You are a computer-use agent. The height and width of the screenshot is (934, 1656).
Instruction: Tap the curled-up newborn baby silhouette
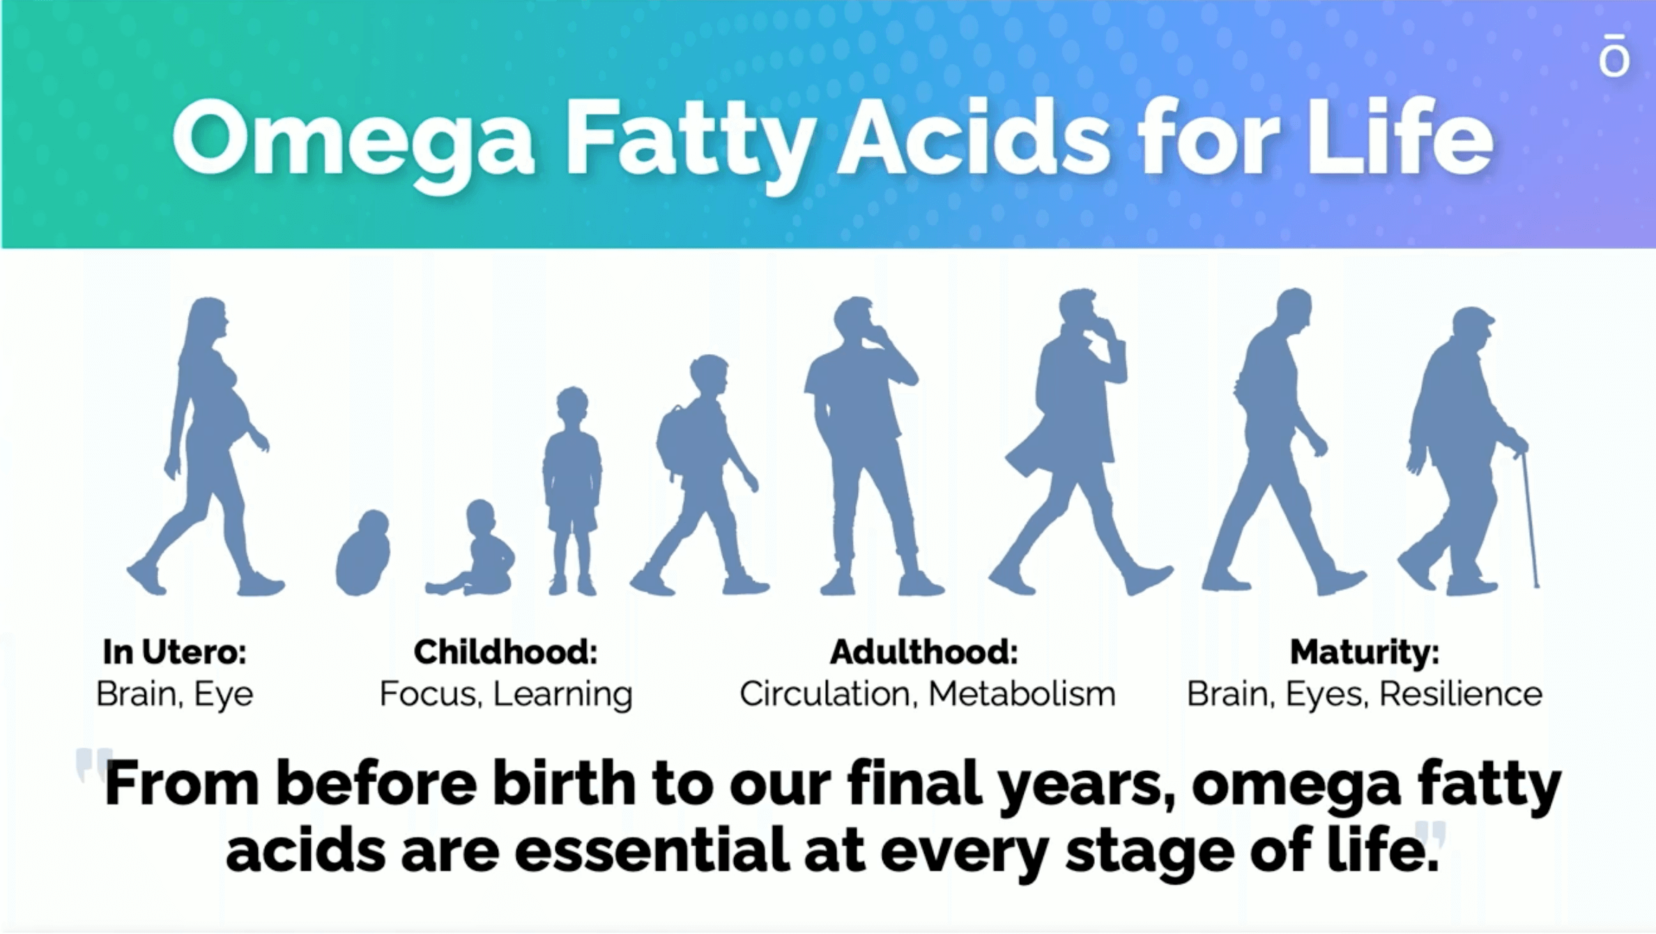(362, 554)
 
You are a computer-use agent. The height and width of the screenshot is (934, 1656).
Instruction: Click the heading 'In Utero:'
(174, 652)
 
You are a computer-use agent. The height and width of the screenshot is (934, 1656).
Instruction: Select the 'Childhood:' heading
(505, 652)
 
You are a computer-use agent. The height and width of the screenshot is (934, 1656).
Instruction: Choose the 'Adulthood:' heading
(924, 652)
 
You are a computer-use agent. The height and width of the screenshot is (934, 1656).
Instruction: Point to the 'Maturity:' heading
(1365, 652)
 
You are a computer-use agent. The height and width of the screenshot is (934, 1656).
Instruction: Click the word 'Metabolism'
(1022, 694)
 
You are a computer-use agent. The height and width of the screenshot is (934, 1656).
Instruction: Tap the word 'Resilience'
(1461, 694)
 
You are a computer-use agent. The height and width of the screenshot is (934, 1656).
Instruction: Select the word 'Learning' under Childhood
(563, 695)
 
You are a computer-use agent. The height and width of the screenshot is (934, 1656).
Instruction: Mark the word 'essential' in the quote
(652, 850)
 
